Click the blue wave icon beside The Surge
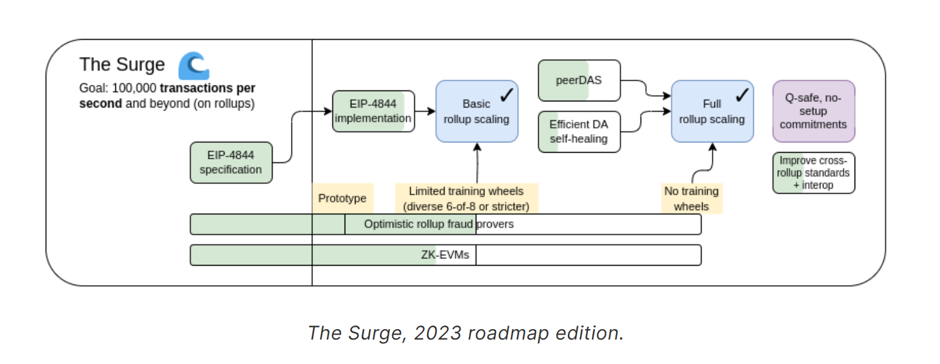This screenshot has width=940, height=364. [x=193, y=66]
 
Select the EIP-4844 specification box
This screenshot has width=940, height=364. [x=231, y=162]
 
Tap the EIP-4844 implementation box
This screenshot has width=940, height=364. [x=373, y=111]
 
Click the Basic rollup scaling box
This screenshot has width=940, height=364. [x=476, y=111]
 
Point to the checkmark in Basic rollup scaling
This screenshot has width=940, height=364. [x=507, y=95]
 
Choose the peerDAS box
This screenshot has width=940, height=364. [x=579, y=80]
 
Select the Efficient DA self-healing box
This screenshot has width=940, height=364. [x=579, y=131]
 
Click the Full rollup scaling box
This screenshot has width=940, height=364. [x=712, y=111]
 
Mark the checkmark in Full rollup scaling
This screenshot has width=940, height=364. [x=742, y=95]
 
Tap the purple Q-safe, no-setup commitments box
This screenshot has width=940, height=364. [x=813, y=111]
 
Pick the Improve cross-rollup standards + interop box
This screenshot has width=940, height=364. [x=813, y=173]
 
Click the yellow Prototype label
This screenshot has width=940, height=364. [x=342, y=198]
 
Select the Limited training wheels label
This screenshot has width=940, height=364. [x=466, y=198]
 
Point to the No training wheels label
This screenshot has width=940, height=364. [x=691, y=198]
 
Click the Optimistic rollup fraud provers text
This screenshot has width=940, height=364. [x=439, y=224]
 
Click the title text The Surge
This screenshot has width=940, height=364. [x=122, y=65]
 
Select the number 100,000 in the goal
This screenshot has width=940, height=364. [x=134, y=88]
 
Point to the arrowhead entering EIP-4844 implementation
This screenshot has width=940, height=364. [x=328, y=111]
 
